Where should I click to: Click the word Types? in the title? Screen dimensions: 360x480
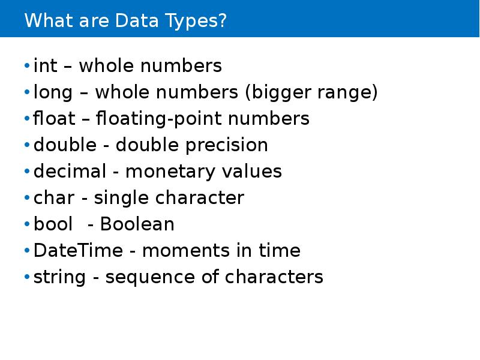(195, 22)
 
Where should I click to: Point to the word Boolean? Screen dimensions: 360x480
(137, 224)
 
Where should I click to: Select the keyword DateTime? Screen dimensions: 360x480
(77, 251)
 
